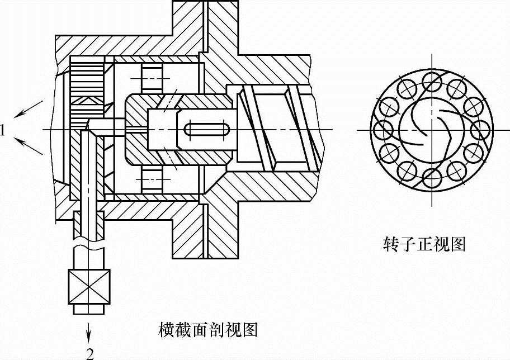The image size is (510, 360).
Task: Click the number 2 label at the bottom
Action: [x=89, y=352]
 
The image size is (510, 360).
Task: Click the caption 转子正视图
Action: [x=424, y=244]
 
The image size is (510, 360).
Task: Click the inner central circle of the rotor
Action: [x=431, y=130]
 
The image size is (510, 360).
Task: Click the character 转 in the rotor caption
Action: [x=390, y=244]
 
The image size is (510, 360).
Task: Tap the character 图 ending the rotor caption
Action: [x=459, y=244]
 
